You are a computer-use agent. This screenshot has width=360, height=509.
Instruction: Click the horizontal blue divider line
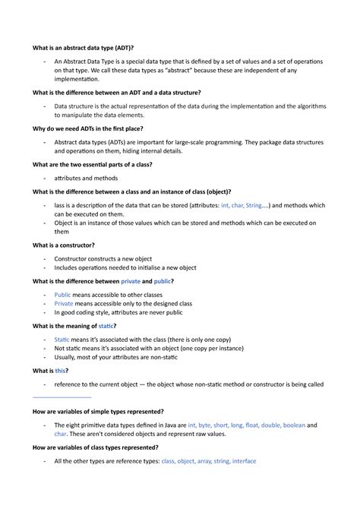(x=62, y=397)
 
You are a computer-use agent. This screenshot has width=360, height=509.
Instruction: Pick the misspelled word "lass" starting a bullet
(x=61, y=206)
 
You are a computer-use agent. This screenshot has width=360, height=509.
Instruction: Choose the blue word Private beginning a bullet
(x=64, y=303)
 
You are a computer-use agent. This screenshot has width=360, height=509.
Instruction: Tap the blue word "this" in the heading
(x=61, y=370)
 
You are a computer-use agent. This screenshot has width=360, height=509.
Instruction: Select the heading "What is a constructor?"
(x=63, y=245)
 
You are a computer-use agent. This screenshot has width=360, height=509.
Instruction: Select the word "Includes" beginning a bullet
(x=68, y=267)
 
